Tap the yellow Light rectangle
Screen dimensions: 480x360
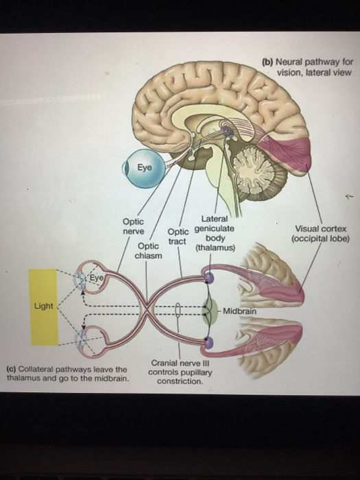click(x=43, y=307)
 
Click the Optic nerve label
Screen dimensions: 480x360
click(x=133, y=227)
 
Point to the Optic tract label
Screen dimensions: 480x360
click(x=178, y=237)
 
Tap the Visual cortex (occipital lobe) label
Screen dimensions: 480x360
click(x=320, y=234)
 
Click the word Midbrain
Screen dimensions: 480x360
click(x=239, y=311)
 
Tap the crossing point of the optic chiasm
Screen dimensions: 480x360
click(x=147, y=307)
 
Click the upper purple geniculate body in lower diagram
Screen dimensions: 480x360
click(x=210, y=277)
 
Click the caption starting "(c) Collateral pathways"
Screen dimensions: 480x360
click(x=67, y=373)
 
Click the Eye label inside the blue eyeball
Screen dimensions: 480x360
click(x=145, y=167)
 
